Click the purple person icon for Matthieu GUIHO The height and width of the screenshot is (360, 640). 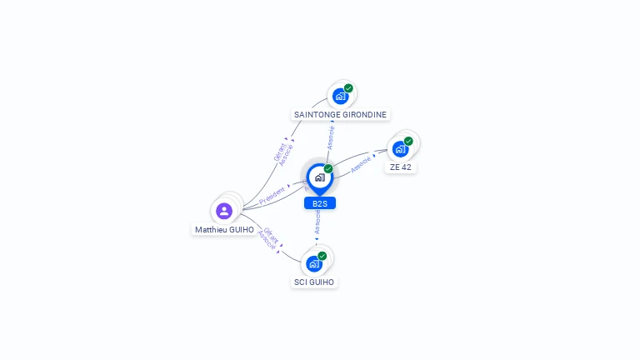coord(224,211)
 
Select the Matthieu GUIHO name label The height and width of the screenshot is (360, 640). coord(224,229)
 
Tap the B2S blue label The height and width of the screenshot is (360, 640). coord(320,203)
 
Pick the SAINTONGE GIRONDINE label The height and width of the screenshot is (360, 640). coord(341,114)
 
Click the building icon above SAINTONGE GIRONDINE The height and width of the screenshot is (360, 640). coord(340,96)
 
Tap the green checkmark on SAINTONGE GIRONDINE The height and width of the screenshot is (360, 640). coord(348,88)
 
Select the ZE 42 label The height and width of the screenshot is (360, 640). coord(401,167)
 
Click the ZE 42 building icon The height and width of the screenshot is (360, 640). coord(400,149)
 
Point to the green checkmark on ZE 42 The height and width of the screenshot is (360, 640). coord(408,142)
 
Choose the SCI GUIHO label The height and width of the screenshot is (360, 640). coord(314,282)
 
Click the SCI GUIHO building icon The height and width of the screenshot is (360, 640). coord(313,264)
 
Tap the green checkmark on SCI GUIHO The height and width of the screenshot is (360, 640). coord(322,256)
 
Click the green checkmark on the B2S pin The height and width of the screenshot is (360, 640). coord(328,169)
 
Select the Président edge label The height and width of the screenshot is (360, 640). coord(272,196)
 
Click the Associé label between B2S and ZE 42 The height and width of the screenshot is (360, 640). coord(360,165)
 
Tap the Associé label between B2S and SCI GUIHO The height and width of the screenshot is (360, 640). coord(317,222)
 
